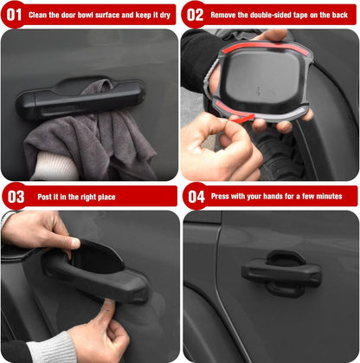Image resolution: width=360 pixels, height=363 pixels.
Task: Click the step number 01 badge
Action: click(13, 15)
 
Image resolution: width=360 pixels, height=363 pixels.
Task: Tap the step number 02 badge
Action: click(196, 15)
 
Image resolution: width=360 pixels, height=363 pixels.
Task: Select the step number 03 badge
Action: click(14, 197)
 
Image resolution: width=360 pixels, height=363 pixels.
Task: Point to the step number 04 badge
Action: click(196, 197)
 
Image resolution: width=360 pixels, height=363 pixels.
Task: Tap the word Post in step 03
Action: click(44, 197)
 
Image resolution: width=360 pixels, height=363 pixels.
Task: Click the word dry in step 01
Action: click(166, 15)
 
